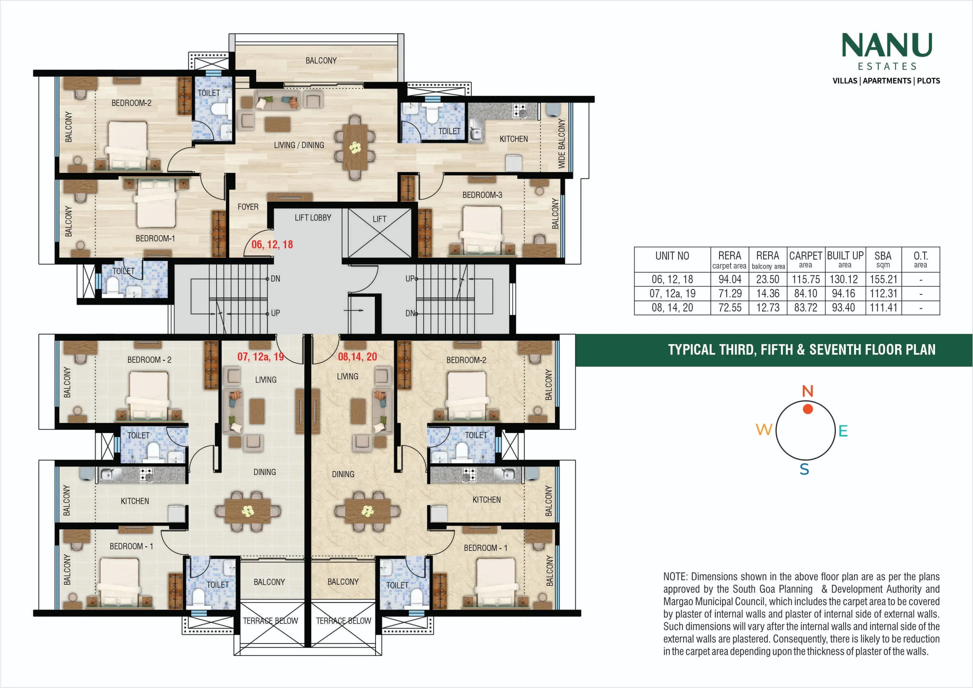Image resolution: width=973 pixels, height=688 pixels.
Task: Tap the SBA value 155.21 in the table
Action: [883, 280]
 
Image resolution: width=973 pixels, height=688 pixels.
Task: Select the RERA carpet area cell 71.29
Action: [730, 294]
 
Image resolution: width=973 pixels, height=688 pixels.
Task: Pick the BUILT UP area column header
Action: [845, 259]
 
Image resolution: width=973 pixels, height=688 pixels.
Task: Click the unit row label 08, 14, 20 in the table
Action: [672, 308]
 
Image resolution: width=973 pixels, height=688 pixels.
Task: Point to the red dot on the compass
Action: [808, 409]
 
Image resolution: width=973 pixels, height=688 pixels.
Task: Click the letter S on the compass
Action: [804, 470]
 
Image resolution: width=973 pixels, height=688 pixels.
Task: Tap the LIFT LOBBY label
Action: [313, 218]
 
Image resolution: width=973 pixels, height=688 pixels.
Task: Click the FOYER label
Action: [248, 207]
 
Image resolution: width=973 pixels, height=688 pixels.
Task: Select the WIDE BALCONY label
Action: [561, 143]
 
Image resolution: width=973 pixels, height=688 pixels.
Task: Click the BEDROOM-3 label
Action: [482, 195]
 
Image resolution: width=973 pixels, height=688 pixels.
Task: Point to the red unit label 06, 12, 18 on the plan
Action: [272, 244]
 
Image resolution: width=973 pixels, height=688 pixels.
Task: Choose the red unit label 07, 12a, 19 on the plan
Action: [261, 357]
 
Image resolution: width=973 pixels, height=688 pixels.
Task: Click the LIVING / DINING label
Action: [299, 145]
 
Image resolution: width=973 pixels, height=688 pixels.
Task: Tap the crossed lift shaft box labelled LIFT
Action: [380, 232]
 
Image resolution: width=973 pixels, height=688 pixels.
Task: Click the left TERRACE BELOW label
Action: [270, 621]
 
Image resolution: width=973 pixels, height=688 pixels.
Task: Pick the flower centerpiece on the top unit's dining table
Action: [355, 147]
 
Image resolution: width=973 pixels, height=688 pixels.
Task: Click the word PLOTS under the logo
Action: [929, 81]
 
